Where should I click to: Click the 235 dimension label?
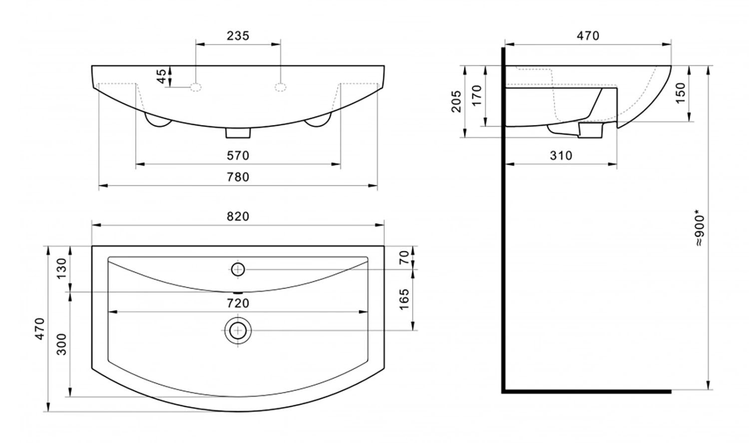238,35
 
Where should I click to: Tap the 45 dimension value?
161,76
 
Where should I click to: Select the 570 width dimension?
238,155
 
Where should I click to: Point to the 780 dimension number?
238,177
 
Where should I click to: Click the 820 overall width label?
238,216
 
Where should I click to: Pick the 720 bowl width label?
238,303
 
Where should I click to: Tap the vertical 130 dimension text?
61,269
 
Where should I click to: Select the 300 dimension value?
61,344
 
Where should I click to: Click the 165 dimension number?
404,299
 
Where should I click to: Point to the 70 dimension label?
404,257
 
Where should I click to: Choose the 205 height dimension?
456,101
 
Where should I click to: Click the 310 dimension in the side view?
561,155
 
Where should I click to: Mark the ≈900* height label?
700,229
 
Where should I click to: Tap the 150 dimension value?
680,93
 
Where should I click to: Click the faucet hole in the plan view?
238,270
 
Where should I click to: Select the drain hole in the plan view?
238,331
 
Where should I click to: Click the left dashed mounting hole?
196,87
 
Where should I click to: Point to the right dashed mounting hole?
281,87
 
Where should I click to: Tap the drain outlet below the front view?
238,133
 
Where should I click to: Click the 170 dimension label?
477,95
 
